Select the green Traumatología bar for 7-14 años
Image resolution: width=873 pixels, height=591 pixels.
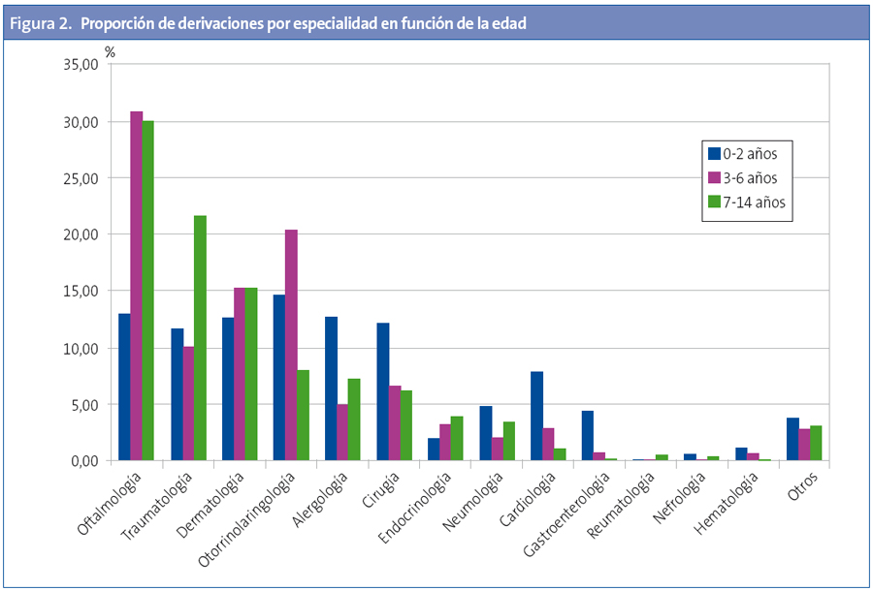pyautogui.click(x=201, y=338)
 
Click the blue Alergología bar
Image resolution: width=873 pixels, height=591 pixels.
pyautogui.click(x=331, y=389)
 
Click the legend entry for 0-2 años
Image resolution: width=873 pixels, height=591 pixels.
pyautogui.click(x=742, y=153)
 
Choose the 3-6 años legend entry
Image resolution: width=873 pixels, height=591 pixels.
pyautogui.click(x=742, y=177)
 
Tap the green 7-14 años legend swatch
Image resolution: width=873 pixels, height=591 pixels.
pyautogui.click(x=713, y=202)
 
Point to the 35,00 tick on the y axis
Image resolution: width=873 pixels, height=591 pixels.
pyautogui.click(x=80, y=65)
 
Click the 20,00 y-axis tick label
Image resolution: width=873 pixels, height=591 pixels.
pyautogui.click(x=80, y=234)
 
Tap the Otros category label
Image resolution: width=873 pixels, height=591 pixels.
pyautogui.click(x=803, y=483)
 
